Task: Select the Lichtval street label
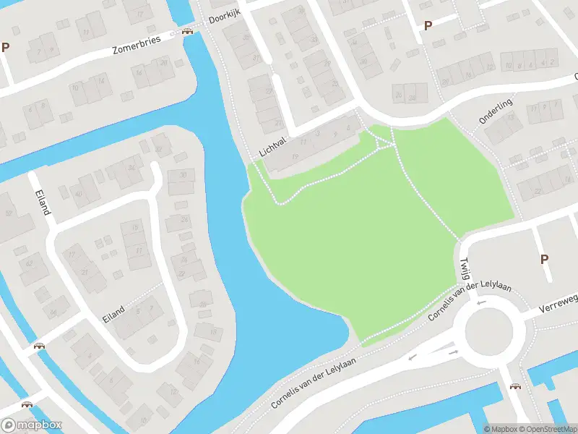click(x=273, y=148)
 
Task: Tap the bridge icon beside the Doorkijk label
click(x=188, y=31)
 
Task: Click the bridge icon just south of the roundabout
click(x=515, y=386)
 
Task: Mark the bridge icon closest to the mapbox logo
click(x=27, y=405)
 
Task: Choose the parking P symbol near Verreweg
click(x=544, y=259)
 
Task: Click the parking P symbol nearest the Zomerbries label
click(x=6, y=47)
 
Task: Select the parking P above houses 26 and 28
click(x=428, y=25)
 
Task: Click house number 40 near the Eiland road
click(x=79, y=193)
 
